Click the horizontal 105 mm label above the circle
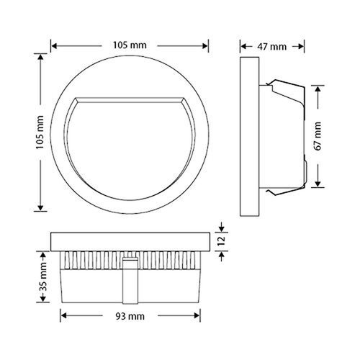(x=130, y=45)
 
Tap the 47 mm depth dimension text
(x=272, y=47)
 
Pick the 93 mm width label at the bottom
(x=129, y=316)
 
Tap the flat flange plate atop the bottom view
(x=130, y=240)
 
